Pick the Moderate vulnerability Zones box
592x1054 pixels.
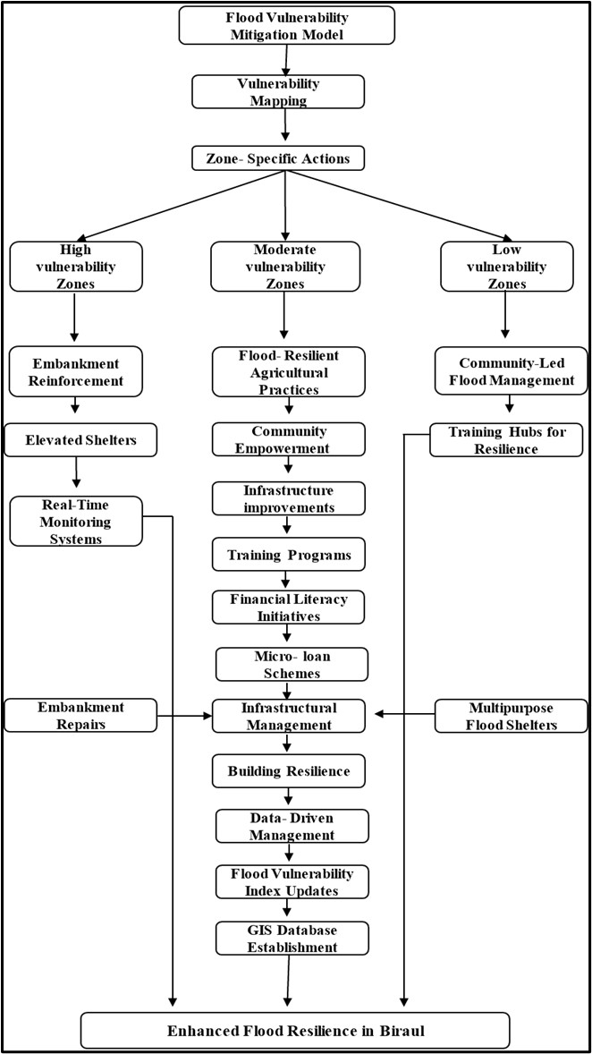(x=283, y=266)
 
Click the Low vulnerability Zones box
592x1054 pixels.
(x=505, y=266)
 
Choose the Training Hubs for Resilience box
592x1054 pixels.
(x=506, y=439)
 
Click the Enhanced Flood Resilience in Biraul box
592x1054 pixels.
(x=295, y=1030)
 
